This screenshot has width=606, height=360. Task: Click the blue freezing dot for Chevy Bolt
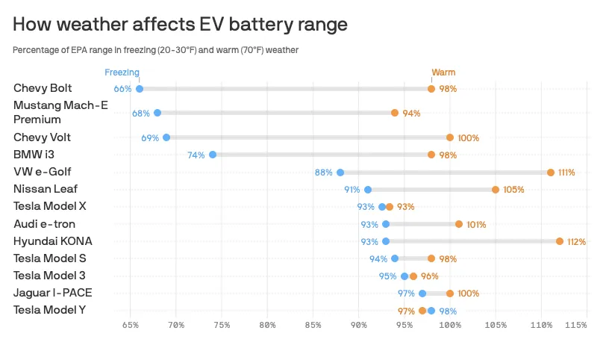tap(140, 89)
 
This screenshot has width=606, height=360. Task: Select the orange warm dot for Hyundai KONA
tap(560, 241)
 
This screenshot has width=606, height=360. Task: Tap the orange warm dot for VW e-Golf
tap(551, 173)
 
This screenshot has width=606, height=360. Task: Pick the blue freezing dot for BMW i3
tap(213, 155)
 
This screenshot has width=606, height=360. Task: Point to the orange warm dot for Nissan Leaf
tap(496, 190)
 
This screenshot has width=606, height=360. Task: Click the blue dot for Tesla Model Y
tap(431, 311)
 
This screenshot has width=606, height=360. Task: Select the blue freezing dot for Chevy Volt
tap(166, 137)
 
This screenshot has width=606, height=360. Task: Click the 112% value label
tap(576, 242)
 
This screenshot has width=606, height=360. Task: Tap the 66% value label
tap(122, 89)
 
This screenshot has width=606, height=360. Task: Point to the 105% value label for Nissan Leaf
tap(513, 190)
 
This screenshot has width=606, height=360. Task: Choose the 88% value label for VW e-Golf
tap(323, 173)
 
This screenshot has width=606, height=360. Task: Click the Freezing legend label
tap(122, 72)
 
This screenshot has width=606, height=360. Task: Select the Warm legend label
tap(443, 72)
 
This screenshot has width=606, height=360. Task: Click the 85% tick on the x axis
tap(313, 325)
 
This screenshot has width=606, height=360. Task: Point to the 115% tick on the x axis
tap(575, 325)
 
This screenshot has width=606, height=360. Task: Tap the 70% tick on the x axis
tap(176, 325)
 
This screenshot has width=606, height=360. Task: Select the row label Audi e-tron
tap(44, 224)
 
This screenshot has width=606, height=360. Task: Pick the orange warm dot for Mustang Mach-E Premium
tap(395, 113)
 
